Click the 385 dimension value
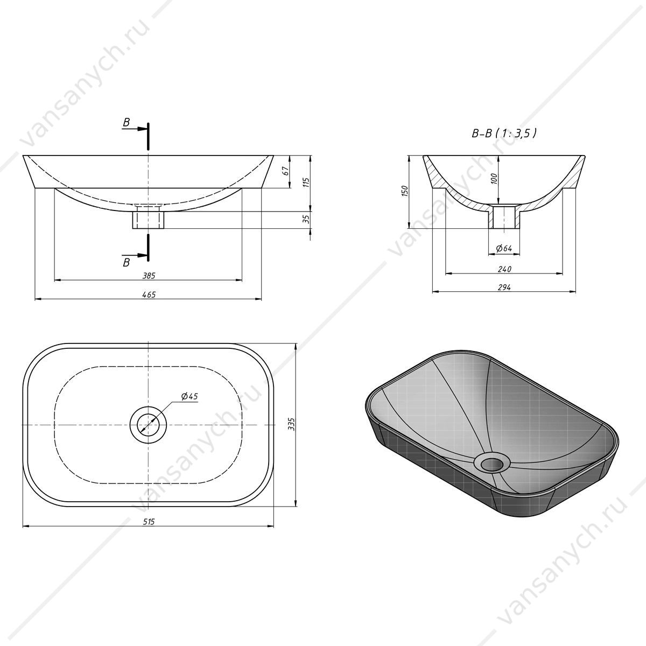(x=149, y=276)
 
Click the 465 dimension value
(x=149, y=294)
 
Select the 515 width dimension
(x=149, y=522)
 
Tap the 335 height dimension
(x=291, y=424)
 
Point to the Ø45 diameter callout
(x=189, y=397)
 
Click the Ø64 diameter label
(x=504, y=248)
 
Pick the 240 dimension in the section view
(x=504, y=269)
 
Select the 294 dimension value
(x=504, y=287)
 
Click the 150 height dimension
(x=405, y=191)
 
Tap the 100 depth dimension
(x=494, y=179)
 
